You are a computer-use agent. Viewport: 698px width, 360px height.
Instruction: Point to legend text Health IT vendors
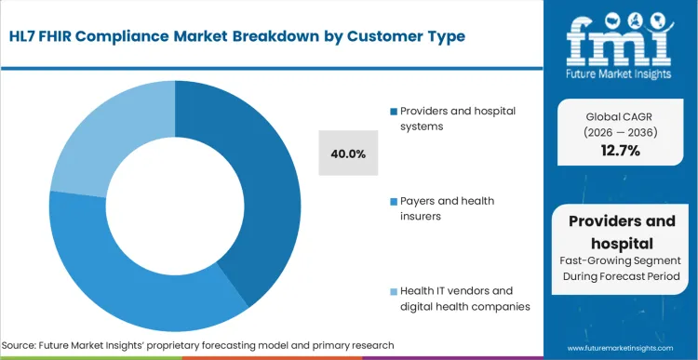point(458,299)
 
